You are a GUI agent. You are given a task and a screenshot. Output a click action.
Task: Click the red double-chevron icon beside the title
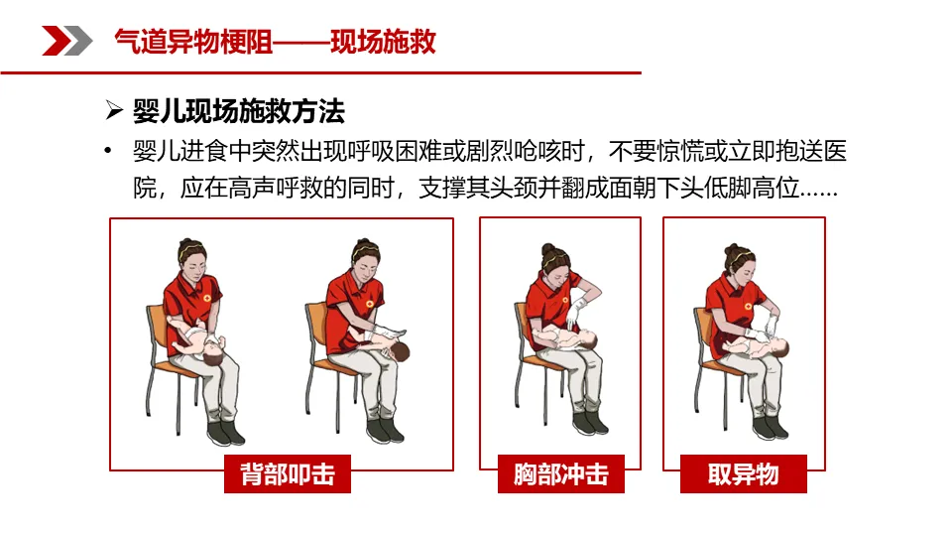(x=66, y=41)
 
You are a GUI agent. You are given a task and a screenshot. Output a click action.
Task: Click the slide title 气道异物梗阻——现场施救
(x=275, y=42)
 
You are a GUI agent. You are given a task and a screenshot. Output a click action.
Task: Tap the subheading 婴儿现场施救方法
(x=239, y=111)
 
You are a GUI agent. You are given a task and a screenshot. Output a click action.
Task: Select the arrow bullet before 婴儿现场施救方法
(x=113, y=110)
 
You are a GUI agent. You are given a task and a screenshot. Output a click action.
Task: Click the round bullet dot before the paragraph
(x=107, y=150)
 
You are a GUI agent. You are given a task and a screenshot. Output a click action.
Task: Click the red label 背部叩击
(x=288, y=474)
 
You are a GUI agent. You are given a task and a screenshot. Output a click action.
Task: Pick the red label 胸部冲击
(x=561, y=474)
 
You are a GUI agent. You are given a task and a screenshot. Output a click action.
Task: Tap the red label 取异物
(x=743, y=474)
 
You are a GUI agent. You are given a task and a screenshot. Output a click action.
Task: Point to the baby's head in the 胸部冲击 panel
(x=590, y=338)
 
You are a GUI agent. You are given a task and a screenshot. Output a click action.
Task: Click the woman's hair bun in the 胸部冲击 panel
(x=547, y=249)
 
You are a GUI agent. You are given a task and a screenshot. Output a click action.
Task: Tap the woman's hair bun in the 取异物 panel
(x=731, y=249)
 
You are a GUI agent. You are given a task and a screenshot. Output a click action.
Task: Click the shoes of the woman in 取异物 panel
(x=770, y=427)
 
